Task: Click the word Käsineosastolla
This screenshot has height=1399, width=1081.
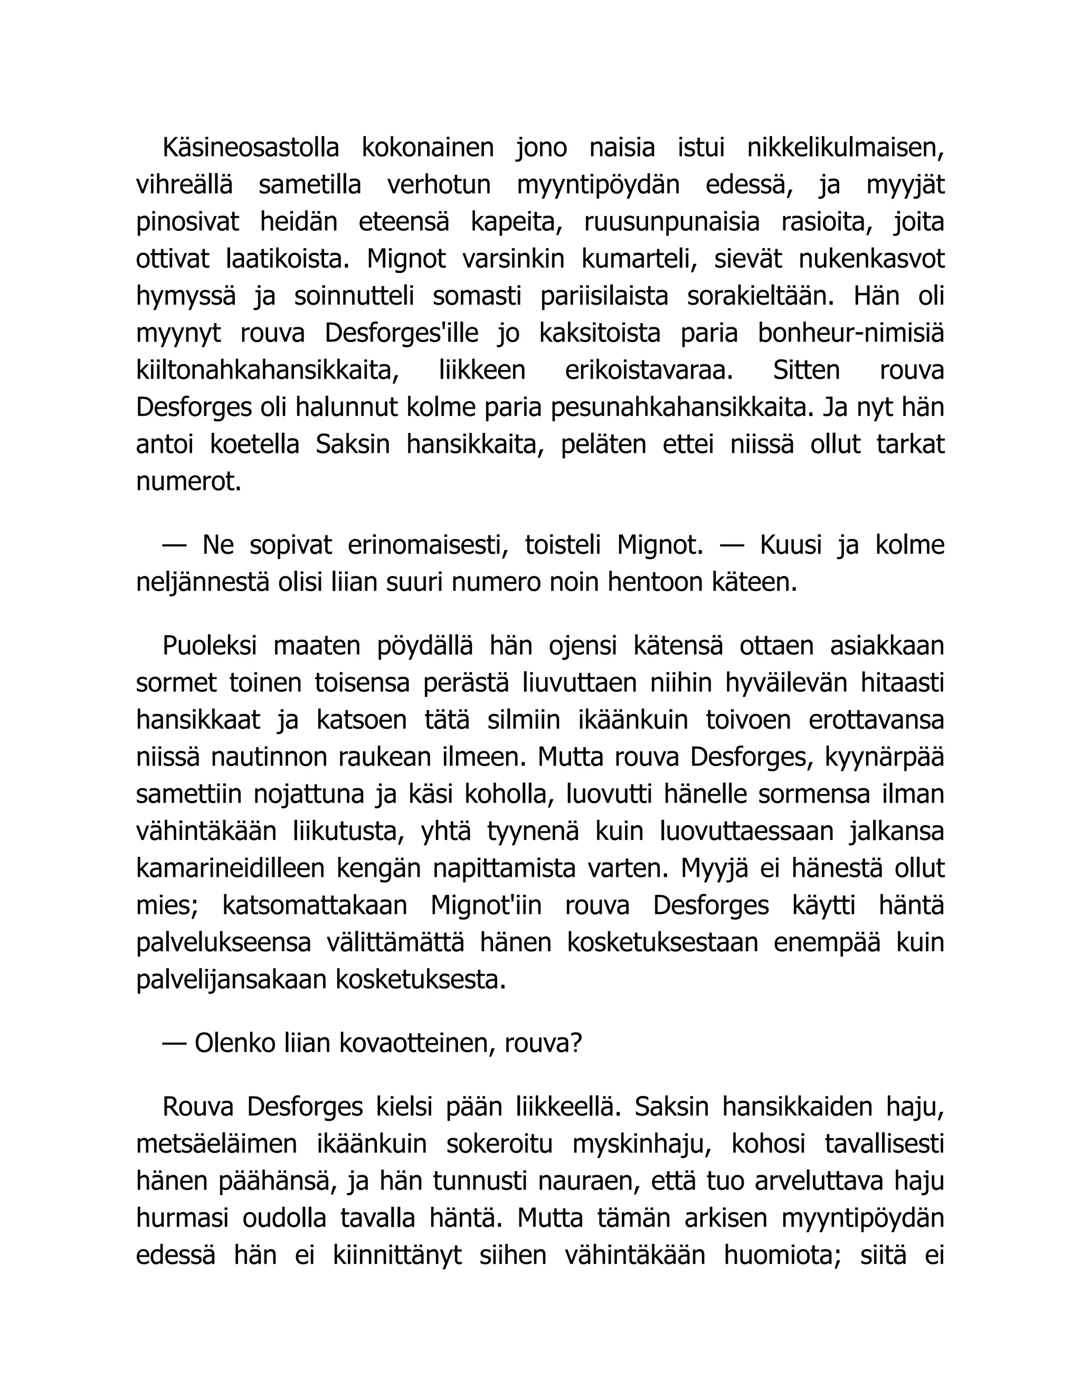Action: click(x=250, y=148)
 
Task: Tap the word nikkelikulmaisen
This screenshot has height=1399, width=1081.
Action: click(x=846, y=148)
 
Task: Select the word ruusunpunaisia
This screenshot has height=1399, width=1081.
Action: click(x=672, y=222)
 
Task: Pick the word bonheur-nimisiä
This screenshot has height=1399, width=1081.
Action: click(x=851, y=334)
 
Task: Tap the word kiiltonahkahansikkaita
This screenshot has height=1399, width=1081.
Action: click(x=268, y=371)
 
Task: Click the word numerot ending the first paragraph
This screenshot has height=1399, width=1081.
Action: click(x=189, y=481)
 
